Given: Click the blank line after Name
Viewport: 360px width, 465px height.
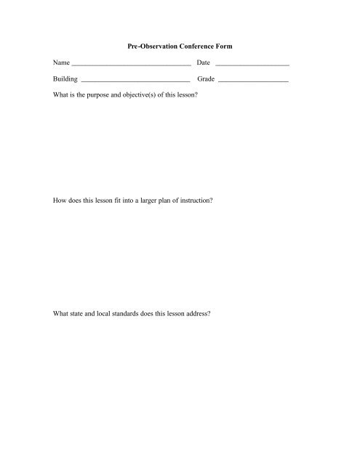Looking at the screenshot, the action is coord(132,65).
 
